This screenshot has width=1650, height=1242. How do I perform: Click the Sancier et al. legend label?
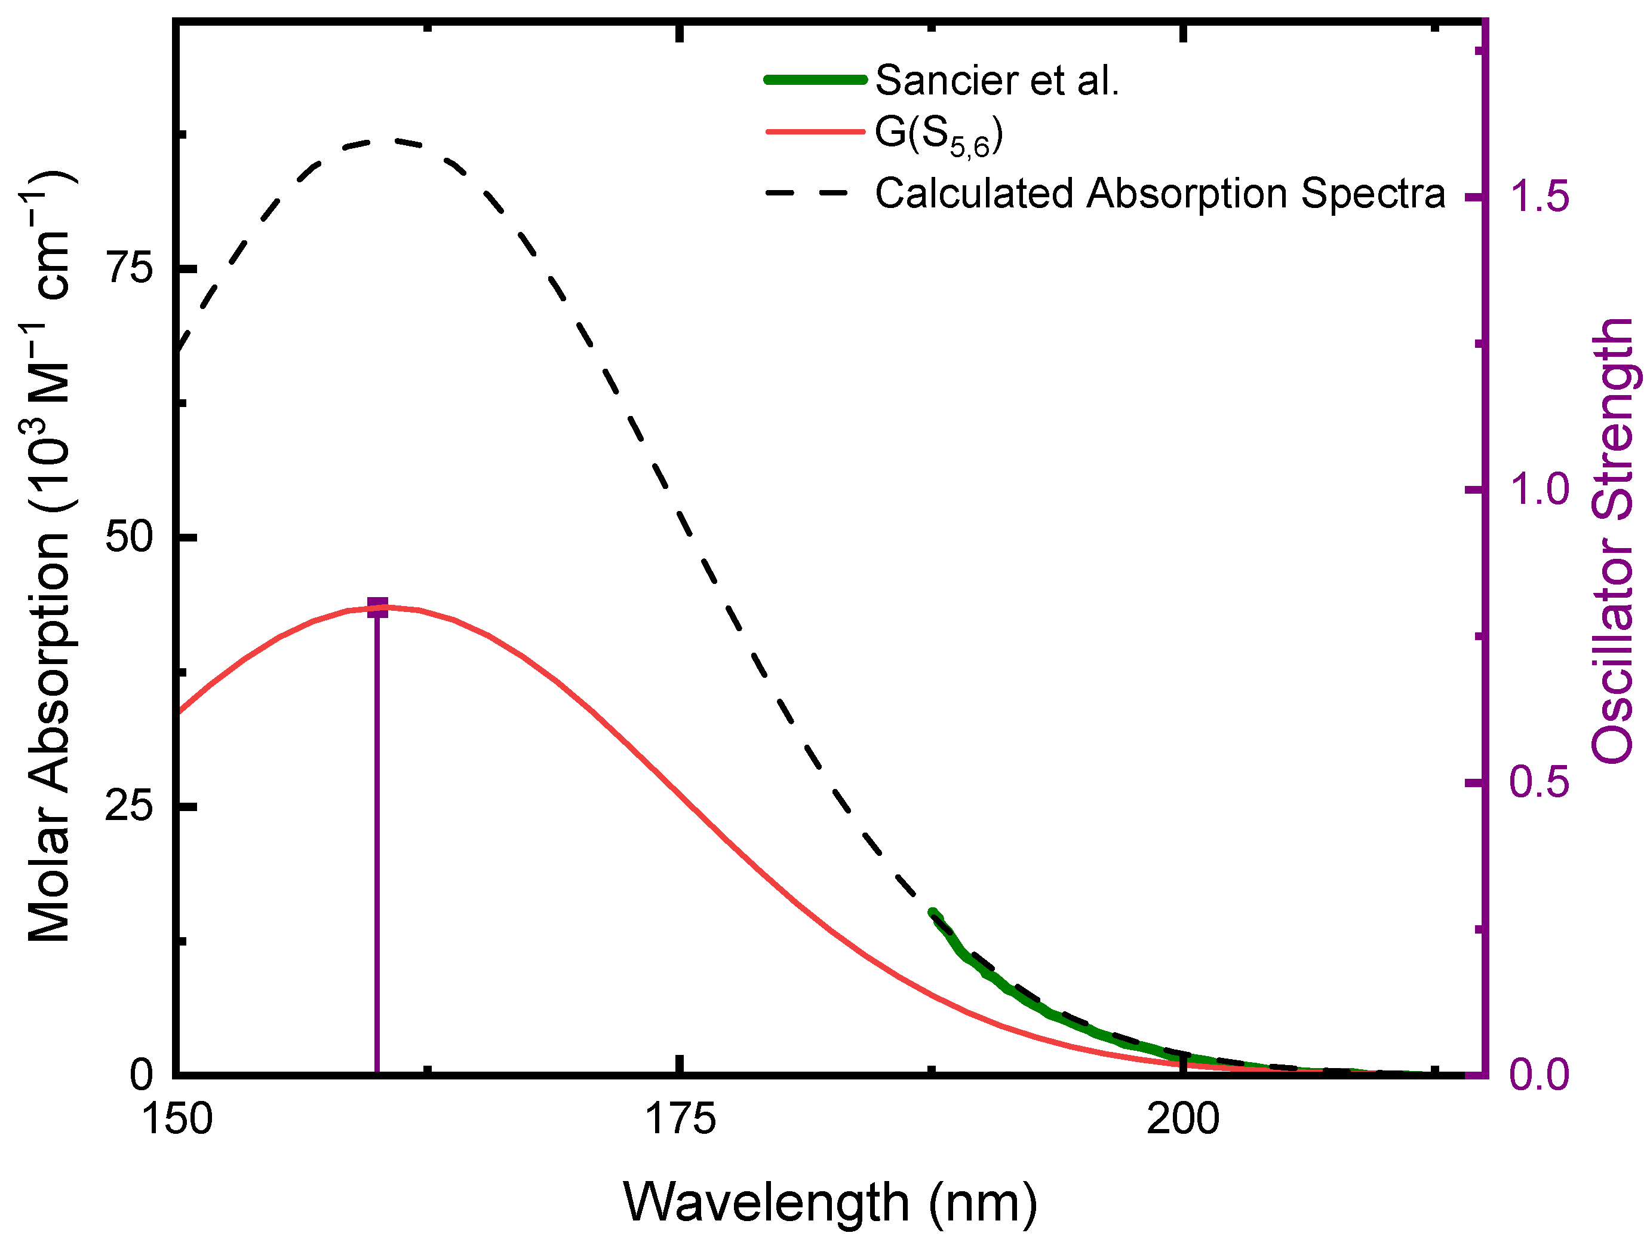click(x=997, y=80)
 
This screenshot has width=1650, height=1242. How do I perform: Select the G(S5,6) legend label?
click(x=938, y=135)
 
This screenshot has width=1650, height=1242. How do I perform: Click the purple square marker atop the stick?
click(x=377, y=608)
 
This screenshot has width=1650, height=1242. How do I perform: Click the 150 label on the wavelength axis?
click(x=177, y=1120)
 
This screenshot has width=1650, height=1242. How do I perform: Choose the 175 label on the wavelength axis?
click(x=680, y=1120)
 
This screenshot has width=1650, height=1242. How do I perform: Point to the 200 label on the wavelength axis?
click(x=1183, y=1120)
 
